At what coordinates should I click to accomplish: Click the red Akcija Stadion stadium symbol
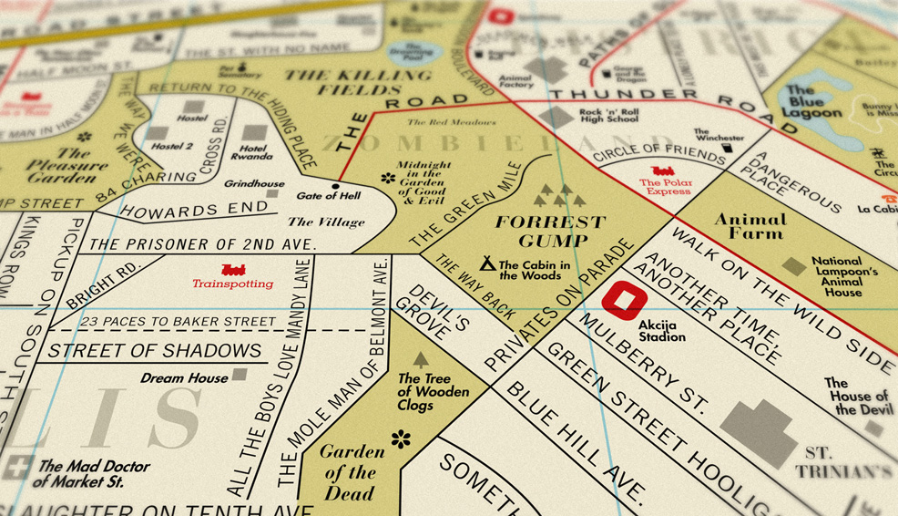point(625,302)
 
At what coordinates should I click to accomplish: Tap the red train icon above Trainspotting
point(233,270)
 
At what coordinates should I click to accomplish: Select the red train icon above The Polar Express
point(665,170)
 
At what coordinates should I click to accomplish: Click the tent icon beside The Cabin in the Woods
point(488,264)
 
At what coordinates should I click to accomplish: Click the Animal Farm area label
point(749,226)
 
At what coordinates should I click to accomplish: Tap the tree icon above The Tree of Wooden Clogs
point(421,360)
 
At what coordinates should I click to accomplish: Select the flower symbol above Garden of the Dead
point(400,439)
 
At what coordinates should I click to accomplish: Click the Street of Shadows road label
point(155,351)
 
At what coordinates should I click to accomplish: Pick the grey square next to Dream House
point(240,374)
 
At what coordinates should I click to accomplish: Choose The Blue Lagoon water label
point(813,102)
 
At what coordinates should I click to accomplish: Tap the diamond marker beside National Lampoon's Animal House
point(793,266)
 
